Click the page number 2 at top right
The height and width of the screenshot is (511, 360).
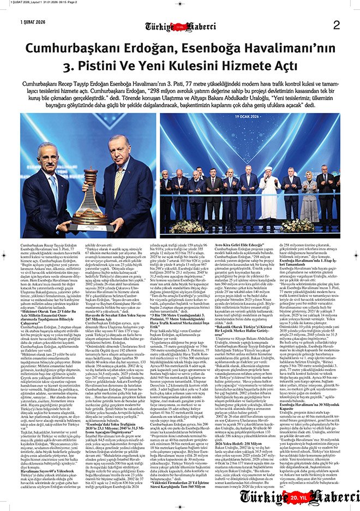[336, 25]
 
